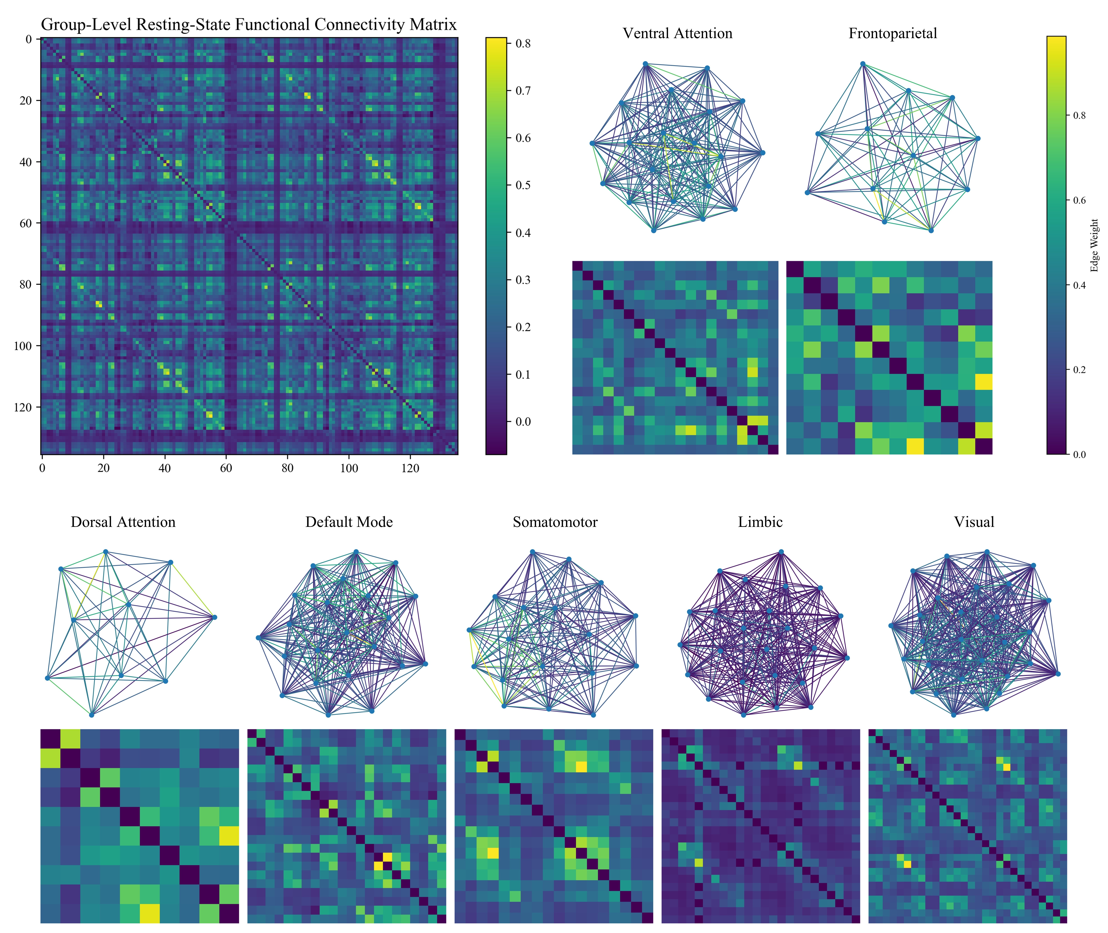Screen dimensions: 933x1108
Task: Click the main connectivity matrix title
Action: tap(249, 25)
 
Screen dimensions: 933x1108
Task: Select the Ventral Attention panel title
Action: tap(677, 33)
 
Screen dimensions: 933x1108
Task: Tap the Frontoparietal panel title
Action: tap(893, 33)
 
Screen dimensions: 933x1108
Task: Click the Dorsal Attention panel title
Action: tap(123, 522)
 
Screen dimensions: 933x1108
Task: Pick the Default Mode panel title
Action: tap(349, 522)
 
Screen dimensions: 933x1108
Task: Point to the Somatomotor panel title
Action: tap(555, 522)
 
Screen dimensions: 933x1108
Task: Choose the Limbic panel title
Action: tap(760, 522)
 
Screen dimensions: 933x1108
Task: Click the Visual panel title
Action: tap(974, 522)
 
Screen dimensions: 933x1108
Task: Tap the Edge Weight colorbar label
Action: tap(1095, 245)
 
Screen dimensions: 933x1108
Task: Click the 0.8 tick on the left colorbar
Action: tap(523, 43)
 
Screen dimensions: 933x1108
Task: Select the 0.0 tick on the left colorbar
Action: tap(523, 422)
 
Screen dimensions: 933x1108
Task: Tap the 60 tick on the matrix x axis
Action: tap(226, 468)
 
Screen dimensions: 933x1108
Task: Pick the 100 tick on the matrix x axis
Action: tap(349, 468)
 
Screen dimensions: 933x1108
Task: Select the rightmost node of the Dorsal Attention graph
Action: tap(214, 617)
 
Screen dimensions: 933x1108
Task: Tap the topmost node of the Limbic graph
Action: tap(781, 553)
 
